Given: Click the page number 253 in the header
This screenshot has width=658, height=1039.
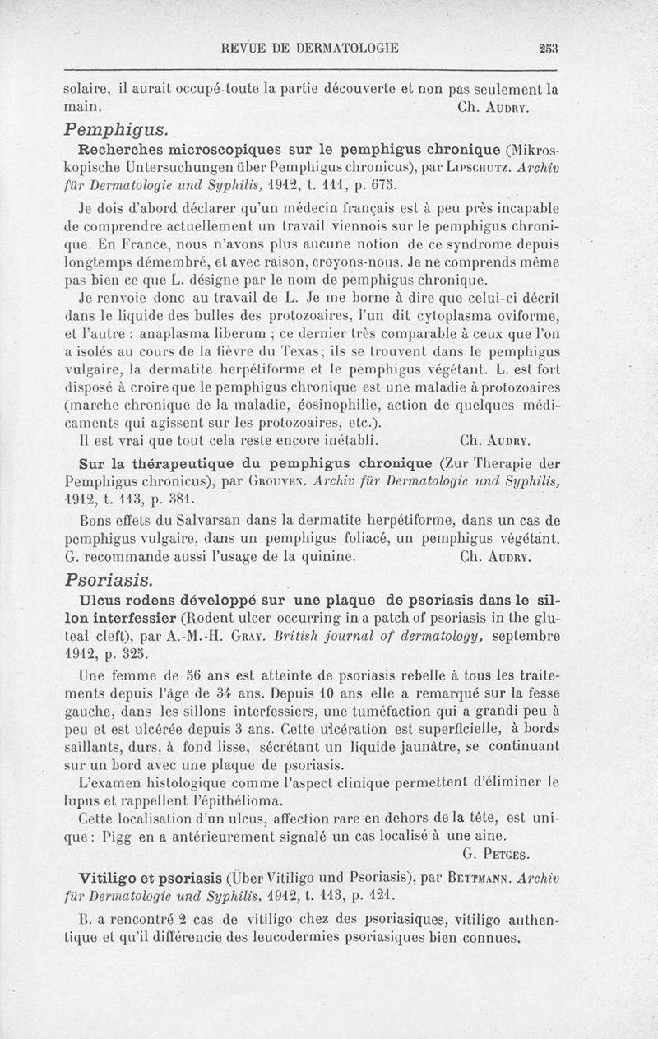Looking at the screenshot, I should coord(549,49).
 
